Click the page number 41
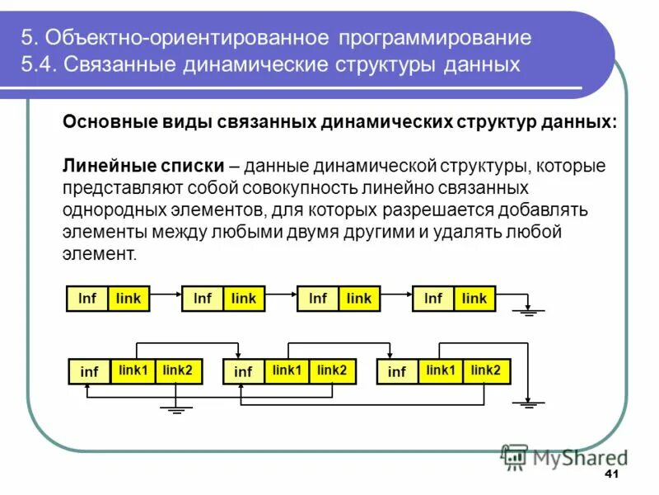pyautogui.click(x=611, y=474)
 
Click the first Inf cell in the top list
pyautogui.click(x=87, y=299)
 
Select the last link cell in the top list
pyautogui.click(x=474, y=299)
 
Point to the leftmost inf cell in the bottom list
pyautogui.click(x=89, y=372)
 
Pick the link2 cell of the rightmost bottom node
pyautogui.click(x=486, y=371)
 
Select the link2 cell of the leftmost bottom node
pyautogui.click(x=177, y=371)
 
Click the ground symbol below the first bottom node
pyautogui.click(x=175, y=408)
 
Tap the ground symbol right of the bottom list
pyautogui.click(x=526, y=403)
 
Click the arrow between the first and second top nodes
pyautogui.click(x=166, y=293)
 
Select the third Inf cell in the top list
pyautogui.click(x=318, y=299)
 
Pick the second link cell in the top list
pyautogui.click(x=244, y=299)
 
